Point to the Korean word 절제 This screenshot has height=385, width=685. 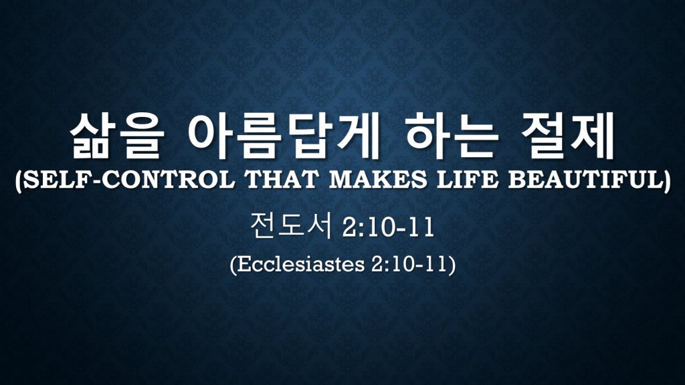click(x=567, y=136)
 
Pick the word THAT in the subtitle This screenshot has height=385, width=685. click(x=282, y=179)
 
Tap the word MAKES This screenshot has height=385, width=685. click(x=378, y=179)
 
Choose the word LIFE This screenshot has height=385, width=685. click(x=468, y=179)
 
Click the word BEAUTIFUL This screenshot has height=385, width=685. click(x=585, y=179)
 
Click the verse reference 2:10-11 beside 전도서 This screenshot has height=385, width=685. click(x=388, y=227)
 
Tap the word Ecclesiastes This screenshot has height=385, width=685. click(x=302, y=263)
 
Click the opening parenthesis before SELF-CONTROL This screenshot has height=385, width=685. click(x=19, y=180)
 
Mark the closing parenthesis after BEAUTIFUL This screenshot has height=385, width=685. click(x=667, y=180)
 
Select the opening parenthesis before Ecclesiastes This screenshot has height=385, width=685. click(x=233, y=265)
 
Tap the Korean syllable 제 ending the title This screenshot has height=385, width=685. click(x=592, y=136)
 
